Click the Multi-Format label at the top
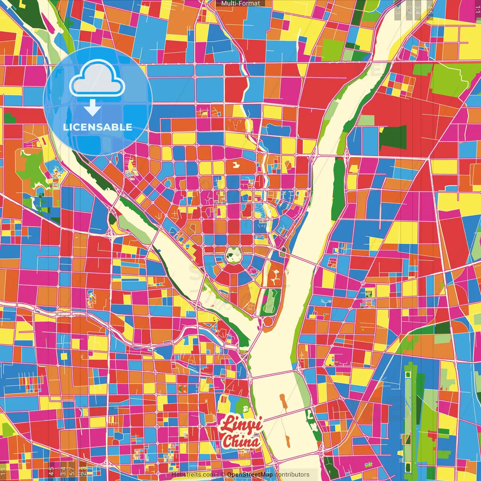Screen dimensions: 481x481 click(x=240, y=3)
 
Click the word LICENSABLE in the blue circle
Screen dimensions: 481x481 click(x=98, y=127)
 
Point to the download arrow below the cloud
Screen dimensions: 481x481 click(x=92, y=108)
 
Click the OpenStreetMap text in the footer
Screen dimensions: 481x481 click(x=250, y=475)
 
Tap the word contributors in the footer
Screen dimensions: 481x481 click(x=292, y=475)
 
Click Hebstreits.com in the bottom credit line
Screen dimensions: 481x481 click(x=194, y=475)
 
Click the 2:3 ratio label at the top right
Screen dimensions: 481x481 click(x=398, y=10)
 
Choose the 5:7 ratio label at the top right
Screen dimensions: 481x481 click(x=409, y=10)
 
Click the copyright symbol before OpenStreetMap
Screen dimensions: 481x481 click(x=222, y=475)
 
